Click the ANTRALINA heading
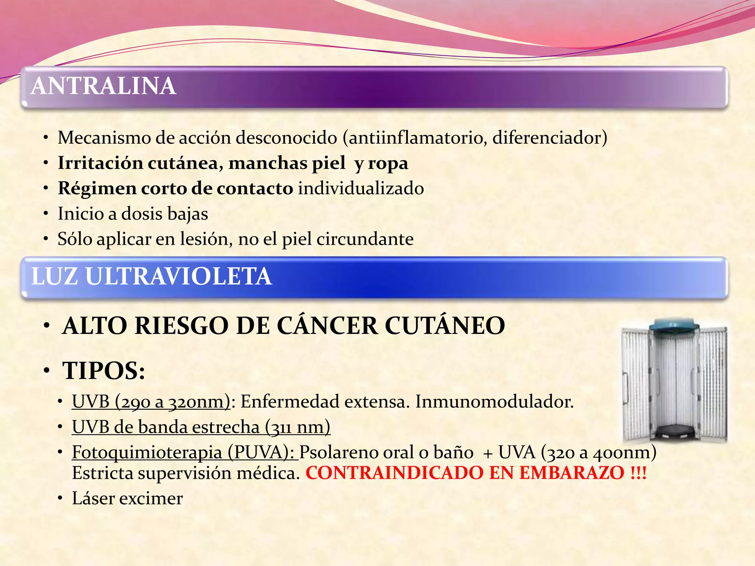tap(104, 86)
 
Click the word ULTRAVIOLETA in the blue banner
tap(178, 276)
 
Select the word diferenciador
tap(550, 138)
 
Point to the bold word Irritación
tap(100, 163)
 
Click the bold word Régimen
tap(97, 188)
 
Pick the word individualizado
tap(361, 188)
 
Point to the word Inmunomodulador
tap(494, 402)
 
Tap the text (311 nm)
tap(298, 427)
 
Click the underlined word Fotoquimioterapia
tap(147, 453)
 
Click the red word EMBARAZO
tap(572, 473)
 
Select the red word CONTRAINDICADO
tap(394, 473)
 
